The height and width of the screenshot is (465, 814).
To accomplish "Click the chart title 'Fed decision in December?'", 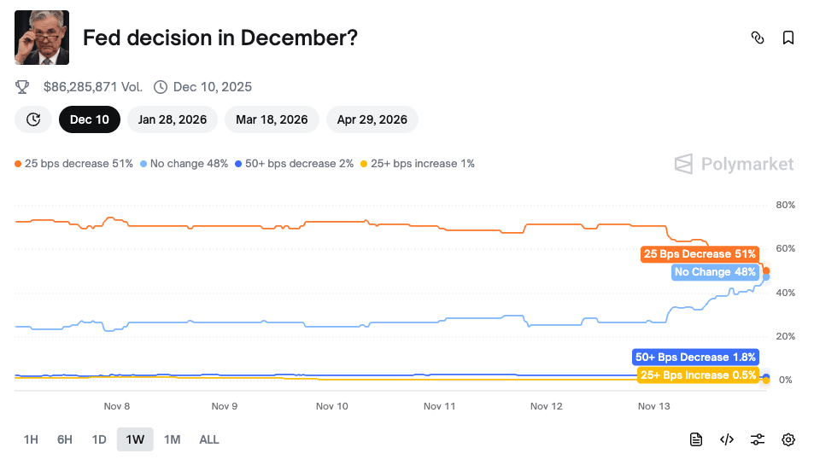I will tap(220, 38).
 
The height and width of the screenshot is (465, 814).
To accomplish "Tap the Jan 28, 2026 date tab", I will tap(173, 119).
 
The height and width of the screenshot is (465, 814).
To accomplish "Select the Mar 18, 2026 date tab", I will tap(272, 119).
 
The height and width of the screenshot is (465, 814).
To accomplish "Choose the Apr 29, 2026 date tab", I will tap(372, 119).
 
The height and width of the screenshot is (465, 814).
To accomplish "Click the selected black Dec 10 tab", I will tap(90, 119).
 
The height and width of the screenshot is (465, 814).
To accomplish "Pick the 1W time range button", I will tap(135, 439).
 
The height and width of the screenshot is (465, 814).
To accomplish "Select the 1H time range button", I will tap(31, 439).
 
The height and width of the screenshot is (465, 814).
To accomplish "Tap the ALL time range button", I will tap(209, 439).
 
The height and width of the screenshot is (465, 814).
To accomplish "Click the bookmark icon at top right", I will tap(788, 38).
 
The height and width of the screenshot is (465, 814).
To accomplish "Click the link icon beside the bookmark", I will tap(757, 38).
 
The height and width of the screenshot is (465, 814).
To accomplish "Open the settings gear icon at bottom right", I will tap(788, 439).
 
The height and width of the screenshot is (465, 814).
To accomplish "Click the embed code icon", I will tap(727, 439).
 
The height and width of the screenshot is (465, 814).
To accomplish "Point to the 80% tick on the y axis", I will tap(785, 205).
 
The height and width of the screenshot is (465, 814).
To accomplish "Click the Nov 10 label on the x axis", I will tap(331, 406).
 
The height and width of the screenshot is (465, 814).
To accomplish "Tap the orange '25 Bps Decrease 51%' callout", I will tap(700, 254).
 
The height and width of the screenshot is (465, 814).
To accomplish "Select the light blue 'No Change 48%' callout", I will tap(715, 272).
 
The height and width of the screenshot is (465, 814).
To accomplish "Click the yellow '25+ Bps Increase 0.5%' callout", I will tap(698, 375).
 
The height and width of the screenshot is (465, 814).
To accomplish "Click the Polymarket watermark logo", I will tap(734, 164).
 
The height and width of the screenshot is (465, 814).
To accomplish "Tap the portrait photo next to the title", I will tap(42, 38).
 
